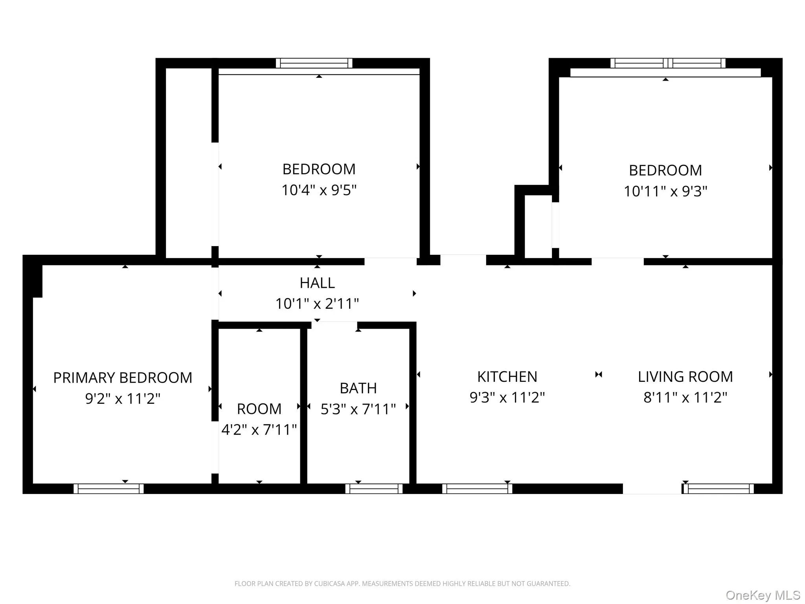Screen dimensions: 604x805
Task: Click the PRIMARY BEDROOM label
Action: tap(123, 378)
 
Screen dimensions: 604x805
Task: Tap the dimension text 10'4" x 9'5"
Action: tap(319, 190)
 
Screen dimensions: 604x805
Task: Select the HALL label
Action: tap(317, 283)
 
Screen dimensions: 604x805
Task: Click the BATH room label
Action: tap(358, 389)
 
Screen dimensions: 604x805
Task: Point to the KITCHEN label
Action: tap(507, 377)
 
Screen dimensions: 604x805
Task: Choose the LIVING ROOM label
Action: tap(685, 377)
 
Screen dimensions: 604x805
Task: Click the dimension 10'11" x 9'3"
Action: tap(665, 192)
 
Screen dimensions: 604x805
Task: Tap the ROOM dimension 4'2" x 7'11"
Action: tap(259, 430)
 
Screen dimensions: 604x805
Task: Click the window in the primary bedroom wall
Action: tap(108, 489)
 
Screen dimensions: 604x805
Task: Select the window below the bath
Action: tap(374, 489)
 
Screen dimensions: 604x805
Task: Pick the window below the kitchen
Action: tap(477, 489)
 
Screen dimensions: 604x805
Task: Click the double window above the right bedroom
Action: tap(668, 63)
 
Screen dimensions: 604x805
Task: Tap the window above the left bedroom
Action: tap(314, 63)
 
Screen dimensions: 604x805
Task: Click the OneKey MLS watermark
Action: tap(763, 595)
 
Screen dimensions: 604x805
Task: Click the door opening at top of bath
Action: tap(334, 325)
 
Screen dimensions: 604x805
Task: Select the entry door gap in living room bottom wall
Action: tap(652, 489)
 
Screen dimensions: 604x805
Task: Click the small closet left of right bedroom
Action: tap(538, 226)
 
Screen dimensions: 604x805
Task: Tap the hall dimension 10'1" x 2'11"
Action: tap(317, 304)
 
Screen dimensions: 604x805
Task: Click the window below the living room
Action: tap(719, 489)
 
